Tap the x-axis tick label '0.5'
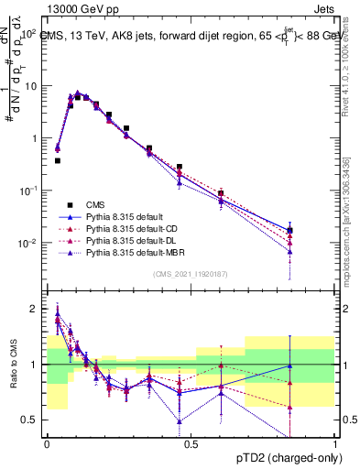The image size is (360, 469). [191, 444]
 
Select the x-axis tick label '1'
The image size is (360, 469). [336, 444]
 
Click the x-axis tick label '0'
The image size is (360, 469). [47, 444]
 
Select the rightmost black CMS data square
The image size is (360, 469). [289, 230]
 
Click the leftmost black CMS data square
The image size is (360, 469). [58, 160]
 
